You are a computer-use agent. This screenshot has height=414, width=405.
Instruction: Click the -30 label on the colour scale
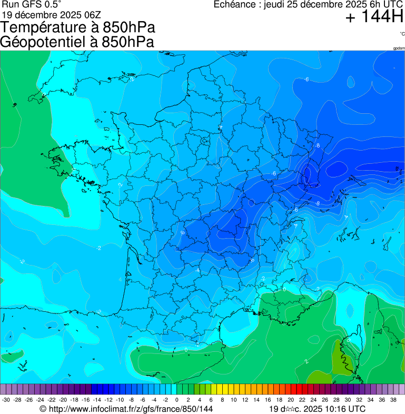click(x=6, y=400)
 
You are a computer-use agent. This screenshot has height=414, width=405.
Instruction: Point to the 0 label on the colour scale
click(x=176, y=400)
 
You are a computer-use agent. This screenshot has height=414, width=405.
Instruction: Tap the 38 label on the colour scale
click(x=393, y=400)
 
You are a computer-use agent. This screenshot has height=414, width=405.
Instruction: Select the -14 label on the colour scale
click(x=96, y=400)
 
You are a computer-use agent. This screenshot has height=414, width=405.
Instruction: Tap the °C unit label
click(x=402, y=34)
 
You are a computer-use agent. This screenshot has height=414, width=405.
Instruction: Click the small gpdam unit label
click(x=399, y=48)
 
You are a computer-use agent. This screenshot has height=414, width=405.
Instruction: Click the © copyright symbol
click(x=43, y=409)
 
